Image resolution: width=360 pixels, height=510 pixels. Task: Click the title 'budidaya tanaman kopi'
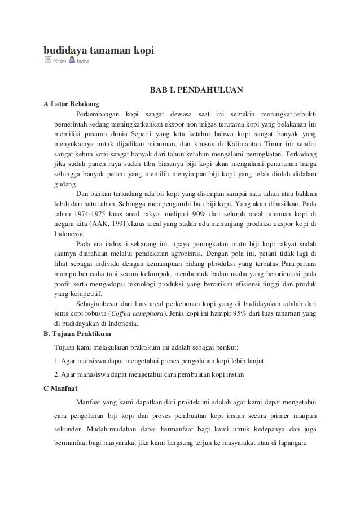(x=99, y=51)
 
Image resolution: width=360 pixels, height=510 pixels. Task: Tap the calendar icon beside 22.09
(x=48, y=60)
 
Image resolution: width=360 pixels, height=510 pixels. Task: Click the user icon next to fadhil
(x=72, y=60)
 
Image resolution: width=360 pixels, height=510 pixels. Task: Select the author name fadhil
(x=84, y=62)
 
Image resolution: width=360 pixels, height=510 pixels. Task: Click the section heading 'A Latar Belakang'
(x=72, y=104)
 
